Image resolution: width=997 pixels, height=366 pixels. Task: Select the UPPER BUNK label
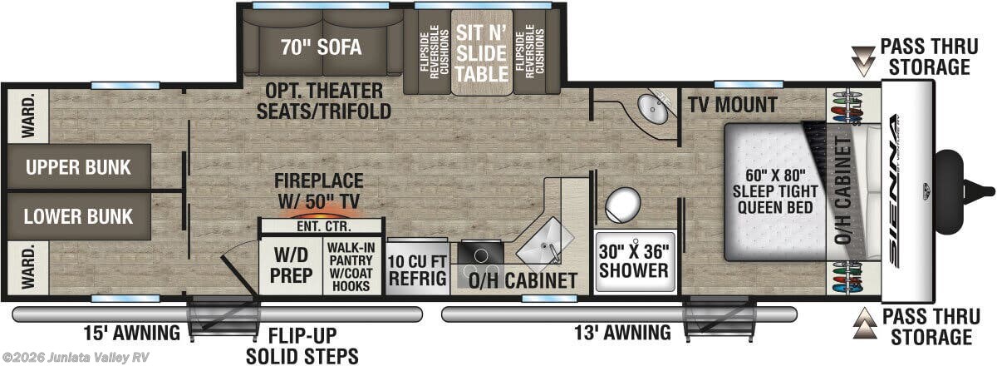click(79, 167)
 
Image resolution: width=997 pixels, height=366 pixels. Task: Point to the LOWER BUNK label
click(79, 216)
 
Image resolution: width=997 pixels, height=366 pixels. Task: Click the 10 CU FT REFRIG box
click(417, 270)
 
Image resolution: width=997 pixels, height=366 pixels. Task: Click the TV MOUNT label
click(732, 105)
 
